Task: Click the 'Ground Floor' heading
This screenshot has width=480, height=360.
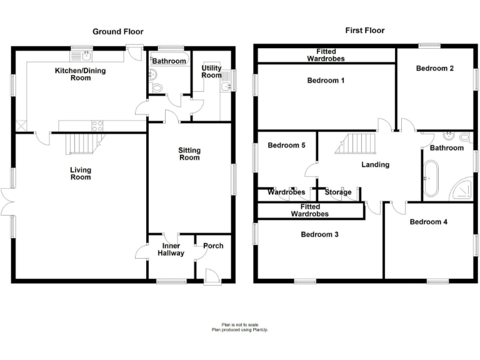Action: [118, 31]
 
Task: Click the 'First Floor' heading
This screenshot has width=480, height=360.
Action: [365, 30]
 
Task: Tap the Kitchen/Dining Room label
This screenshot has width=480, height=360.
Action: [81, 74]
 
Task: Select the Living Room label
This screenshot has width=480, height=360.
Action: [80, 173]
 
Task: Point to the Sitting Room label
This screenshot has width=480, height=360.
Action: [189, 154]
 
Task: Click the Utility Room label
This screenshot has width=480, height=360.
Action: [211, 71]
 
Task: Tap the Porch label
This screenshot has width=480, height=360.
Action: [213, 246]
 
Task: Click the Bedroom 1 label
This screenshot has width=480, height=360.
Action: [326, 81]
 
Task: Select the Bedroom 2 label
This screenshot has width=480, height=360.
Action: [435, 69]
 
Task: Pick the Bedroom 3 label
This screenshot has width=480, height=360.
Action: [319, 235]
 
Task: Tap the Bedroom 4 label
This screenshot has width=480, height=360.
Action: [429, 222]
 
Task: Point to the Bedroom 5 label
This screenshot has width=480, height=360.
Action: [286, 146]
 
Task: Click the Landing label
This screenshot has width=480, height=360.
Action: [376, 165]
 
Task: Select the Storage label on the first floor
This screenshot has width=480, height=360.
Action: [338, 192]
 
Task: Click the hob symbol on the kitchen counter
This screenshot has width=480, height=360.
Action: [97, 125]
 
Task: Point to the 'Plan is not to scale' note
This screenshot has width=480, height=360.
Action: [239, 325]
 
